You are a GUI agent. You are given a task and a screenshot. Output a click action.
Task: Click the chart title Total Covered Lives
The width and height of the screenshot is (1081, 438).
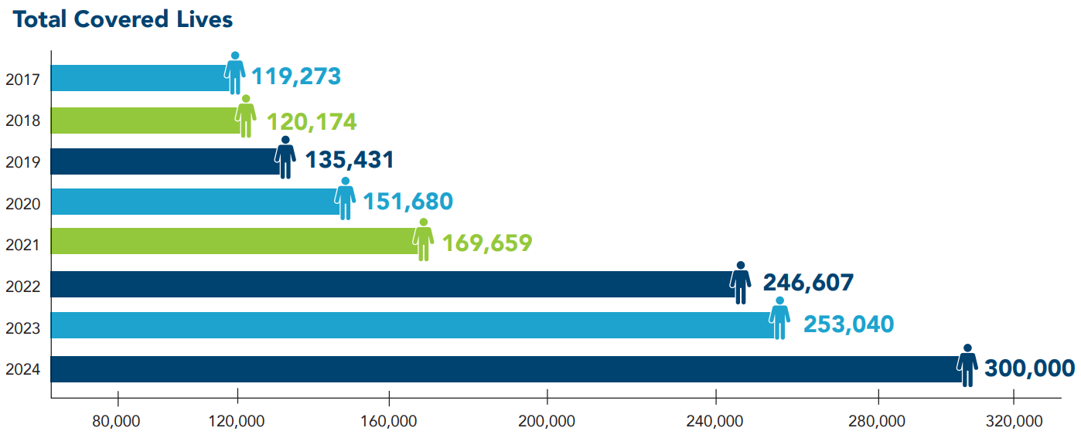123,20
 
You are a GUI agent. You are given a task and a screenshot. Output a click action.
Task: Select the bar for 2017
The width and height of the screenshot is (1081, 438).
139,78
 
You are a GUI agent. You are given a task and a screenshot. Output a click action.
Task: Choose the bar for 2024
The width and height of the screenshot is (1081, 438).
503,369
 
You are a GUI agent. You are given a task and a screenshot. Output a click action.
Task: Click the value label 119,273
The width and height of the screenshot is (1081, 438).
296,76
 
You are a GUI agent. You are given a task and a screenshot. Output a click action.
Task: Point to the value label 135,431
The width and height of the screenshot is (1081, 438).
350,160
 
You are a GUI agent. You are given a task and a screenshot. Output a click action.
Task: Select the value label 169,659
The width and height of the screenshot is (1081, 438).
487,243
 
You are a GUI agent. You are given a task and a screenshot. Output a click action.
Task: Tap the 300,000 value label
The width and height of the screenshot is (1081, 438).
1029,368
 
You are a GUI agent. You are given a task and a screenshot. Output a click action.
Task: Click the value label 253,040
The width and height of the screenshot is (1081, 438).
848,324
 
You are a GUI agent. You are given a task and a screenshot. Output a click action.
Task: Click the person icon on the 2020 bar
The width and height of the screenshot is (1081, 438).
345,199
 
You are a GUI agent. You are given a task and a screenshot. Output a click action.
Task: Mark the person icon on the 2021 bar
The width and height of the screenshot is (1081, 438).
423,239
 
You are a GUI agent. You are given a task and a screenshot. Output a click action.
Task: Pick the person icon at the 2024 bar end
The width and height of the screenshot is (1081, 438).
967,365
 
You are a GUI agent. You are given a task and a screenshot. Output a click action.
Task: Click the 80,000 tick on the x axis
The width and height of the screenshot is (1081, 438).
117,422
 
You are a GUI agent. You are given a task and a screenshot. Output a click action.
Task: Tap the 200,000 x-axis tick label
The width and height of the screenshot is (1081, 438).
547,422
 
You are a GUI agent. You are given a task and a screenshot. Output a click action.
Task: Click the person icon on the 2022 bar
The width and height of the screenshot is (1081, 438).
740,282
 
